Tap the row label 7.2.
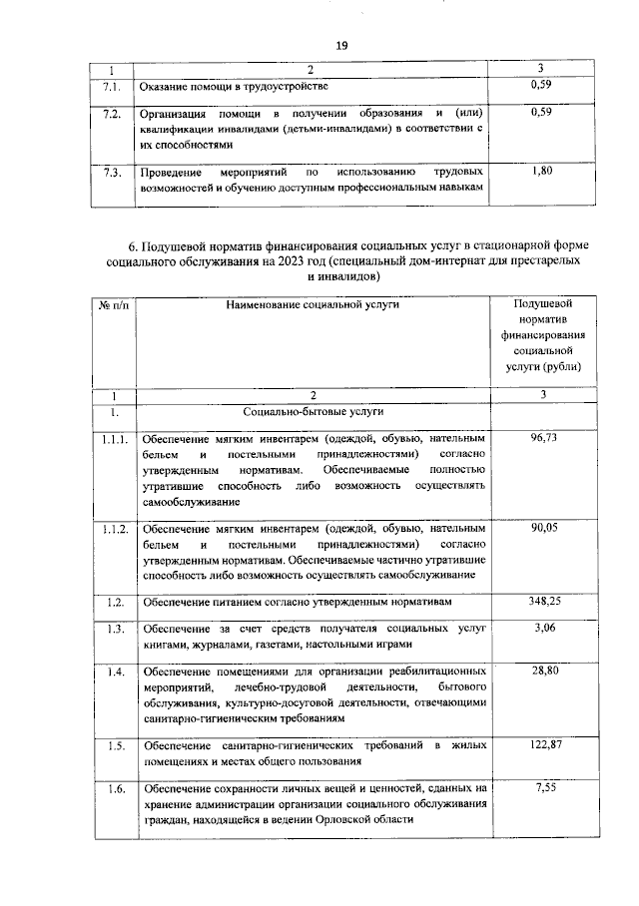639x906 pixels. pyautogui.click(x=112, y=113)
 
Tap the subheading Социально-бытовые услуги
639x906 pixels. pyautogui.click(x=313, y=411)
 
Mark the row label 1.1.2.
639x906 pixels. pyautogui.click(x=115, y=528)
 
